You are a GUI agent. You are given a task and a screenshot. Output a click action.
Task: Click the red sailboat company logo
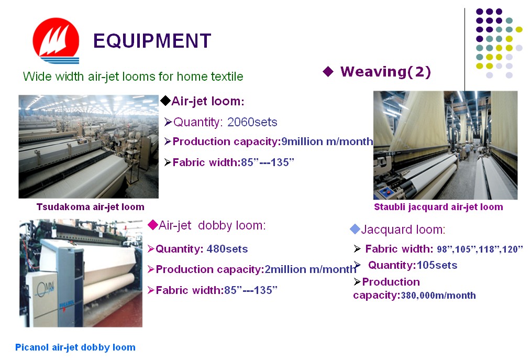click(x=56, y=41)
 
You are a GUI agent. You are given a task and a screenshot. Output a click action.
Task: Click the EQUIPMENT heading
click(x=152, y=41)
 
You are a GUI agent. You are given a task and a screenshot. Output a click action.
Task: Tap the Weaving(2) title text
click(x=385, y=71)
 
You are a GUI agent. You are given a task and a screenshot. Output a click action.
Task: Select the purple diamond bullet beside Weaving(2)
click(x=328, y=71)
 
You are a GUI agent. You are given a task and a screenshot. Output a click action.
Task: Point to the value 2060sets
click(x=252, y=122)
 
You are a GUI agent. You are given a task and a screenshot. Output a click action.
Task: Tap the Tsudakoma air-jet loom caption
click(x=91, y=207)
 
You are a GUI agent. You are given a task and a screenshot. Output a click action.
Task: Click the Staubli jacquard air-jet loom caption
click(x=438, y=207)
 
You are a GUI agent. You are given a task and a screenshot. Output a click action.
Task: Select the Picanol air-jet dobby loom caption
click(x=75, y=347)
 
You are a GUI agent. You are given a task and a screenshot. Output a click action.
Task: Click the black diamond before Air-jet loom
click(x=165, y=101)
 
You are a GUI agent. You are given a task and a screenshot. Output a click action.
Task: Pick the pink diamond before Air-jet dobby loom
click(x=153, y=225)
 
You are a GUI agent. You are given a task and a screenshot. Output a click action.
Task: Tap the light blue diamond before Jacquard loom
click(x=355, y=229)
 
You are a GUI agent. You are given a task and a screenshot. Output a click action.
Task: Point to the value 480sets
click(x=227, y=249)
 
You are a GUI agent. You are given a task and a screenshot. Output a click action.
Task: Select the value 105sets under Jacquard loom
click(x=437, y=265)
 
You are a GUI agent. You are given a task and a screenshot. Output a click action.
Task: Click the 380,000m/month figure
click(x=438, y=296)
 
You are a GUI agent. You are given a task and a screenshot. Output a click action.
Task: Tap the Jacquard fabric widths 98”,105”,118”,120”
click(x=480, y=249)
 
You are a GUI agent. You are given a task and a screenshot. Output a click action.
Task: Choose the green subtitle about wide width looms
click(x=133, y=77)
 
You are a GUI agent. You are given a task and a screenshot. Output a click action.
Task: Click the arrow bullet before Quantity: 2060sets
click(x=168, y=122)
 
